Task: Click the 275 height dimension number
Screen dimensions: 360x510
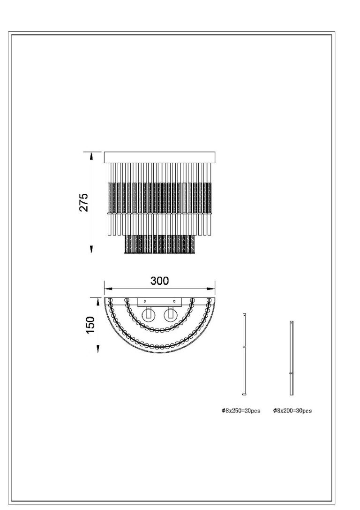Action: point(83,202)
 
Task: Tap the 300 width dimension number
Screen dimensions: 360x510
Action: point(159,281)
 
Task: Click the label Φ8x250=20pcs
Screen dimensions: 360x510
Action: point(241,411)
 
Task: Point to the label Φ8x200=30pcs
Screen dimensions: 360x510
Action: point(292,411)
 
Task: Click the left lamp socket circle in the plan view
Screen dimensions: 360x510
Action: point(149,314)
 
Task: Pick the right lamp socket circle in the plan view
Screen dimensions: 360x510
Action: point(171,314)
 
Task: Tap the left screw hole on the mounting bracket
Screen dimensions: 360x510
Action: point(145,301)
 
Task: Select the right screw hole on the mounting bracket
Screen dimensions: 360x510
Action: point(174,301)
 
